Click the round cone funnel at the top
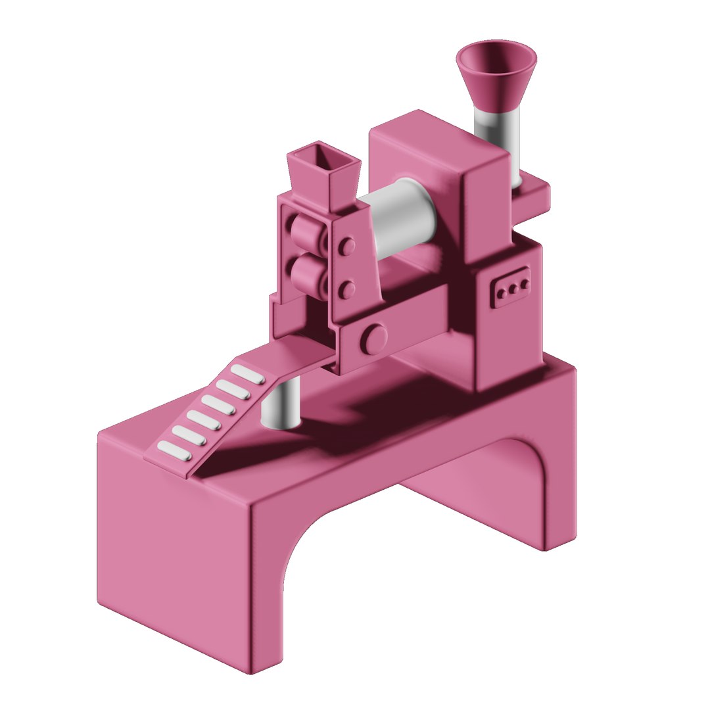496,72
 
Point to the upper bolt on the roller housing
346,247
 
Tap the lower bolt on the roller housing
346,289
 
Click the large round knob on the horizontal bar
375,339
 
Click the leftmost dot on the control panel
502,292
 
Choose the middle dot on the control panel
513,288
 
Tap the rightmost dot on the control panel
524,284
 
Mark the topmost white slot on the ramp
248,374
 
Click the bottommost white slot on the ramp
174,451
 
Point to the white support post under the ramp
281,404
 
